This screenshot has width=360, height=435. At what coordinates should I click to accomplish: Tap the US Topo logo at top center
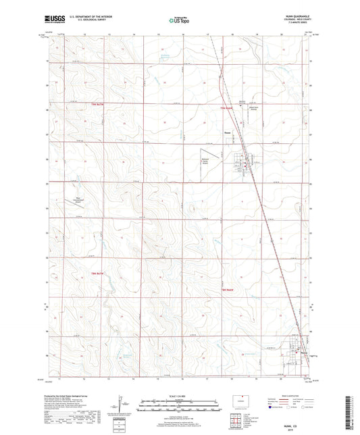[178, 21]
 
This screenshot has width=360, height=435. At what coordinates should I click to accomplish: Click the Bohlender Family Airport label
[203, 161]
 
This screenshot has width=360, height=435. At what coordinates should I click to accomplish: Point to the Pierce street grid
[242, 163]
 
